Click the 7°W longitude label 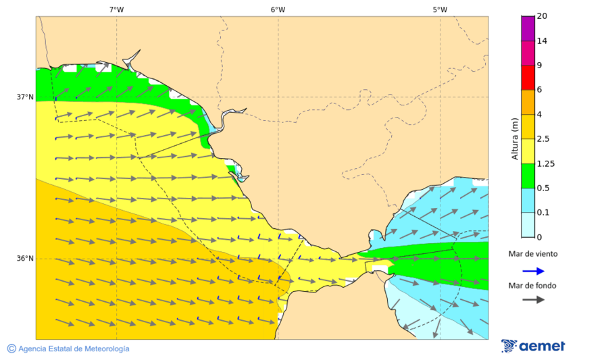click(x=116, y=9)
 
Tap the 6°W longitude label click(x=278, y=9)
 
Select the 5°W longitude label click(x=440, y=9)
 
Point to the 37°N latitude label click(x=25, y=97)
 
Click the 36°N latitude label click(x=25, y=259)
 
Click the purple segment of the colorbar click(x=528, y=28)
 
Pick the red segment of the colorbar click(x=528, y=78)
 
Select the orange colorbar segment click(x=528, y=102)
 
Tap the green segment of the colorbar click(x=528, y=176)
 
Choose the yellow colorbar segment click(x=528, y=151)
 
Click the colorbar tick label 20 click(x=542, y=16)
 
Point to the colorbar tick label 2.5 click(x=543, y=139)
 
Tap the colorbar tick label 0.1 click(x=543, y=213)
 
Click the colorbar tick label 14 click(x=542, y=41)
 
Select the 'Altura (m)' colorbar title click(x=515, y=138)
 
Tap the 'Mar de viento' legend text click(x=533, y=254)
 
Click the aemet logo click(x=533, y=346)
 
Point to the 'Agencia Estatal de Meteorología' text click(x=73, y=349)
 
